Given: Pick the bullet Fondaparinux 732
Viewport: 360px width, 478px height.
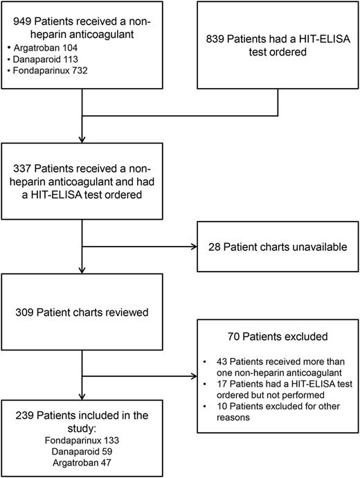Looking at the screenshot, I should (x=53, y=75).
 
